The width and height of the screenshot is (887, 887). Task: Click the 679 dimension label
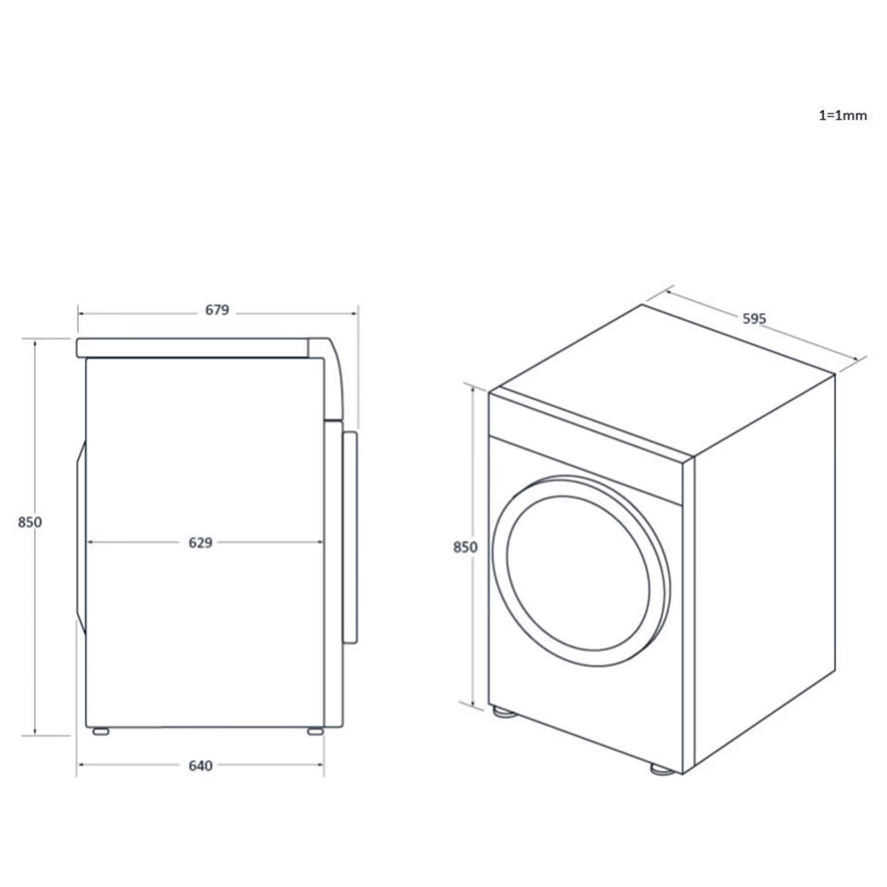point(217,310)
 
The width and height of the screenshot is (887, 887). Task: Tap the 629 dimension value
point(200,543)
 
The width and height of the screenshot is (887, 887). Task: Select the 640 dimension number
point(200,766)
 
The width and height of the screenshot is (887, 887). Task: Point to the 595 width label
point(753,318)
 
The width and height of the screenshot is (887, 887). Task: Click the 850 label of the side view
point(30,522)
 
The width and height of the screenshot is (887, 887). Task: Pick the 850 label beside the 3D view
point(465,547)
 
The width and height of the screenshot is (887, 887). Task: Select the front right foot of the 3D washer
point(661,769)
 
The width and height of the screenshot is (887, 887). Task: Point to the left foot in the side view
point(100,732)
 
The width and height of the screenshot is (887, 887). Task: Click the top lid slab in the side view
point(195,347)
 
